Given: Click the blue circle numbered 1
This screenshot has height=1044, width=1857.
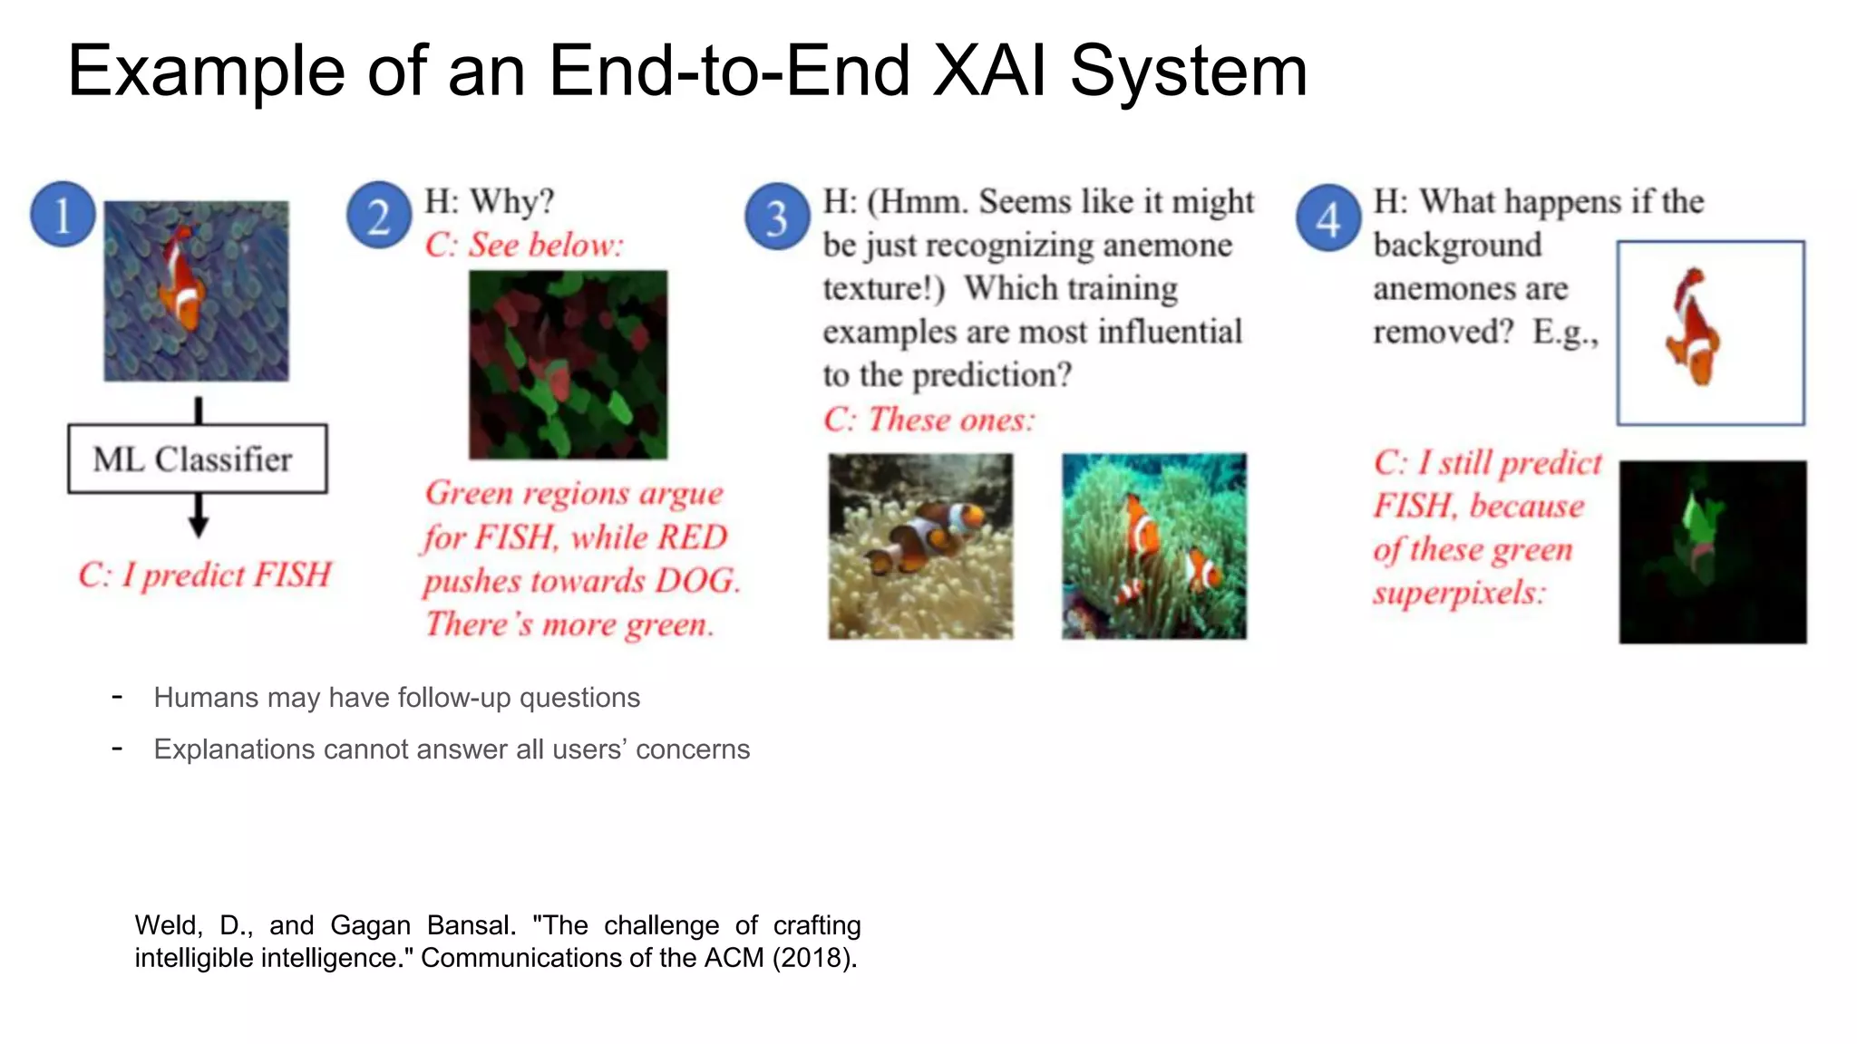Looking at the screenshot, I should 63,215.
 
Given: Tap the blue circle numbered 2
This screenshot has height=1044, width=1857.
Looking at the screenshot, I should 379,216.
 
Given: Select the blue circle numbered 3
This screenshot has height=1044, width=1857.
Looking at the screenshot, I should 777,217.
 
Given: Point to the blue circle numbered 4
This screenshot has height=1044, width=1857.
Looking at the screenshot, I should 1327,217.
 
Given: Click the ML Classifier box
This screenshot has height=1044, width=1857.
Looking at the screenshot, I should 197,459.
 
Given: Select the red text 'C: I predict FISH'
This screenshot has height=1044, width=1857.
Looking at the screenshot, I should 205,575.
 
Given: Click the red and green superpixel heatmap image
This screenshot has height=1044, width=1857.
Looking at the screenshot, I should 568,364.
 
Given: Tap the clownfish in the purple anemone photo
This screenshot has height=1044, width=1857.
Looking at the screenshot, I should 181,280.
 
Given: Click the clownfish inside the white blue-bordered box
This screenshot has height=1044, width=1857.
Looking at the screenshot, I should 1692,329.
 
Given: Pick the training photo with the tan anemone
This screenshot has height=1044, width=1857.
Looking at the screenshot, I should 920,546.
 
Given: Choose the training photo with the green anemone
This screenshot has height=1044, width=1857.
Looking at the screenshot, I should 1153,546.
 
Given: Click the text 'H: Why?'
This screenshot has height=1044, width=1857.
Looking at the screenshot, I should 490,201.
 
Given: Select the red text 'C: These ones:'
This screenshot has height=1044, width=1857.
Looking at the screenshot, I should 928,420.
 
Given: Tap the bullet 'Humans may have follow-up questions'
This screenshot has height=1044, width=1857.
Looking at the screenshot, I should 396,698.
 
